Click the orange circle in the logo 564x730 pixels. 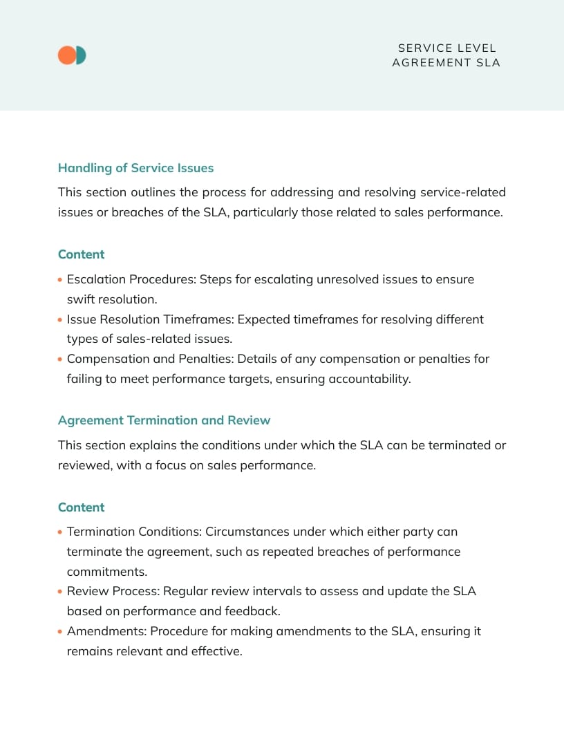pyautogui.click(x=66, y=55)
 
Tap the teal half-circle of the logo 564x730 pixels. pyautogui.click(x=82, y=55)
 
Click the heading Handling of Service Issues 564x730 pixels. pyautogui.click(x=135, y=168)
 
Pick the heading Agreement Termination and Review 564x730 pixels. pyautogui.click(x=164, y=420)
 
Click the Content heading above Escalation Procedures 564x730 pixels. pyautogui.click(x=81, y=254)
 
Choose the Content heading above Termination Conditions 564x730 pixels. pyautogui.click(x=81, y=507)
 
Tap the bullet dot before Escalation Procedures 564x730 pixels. pyautogui.click(x=60, y=281)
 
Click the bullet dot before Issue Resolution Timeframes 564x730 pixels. pyautogui.click(x=60, y=320)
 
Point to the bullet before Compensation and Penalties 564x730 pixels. pyautogui.click(x=60, y=359)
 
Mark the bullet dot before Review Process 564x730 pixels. pyautogui.click(x=60, y=592)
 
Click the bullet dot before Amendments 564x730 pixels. pyautogui.click(x=60, y=632)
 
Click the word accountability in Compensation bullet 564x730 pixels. pyautogui.click(x=370, y=379)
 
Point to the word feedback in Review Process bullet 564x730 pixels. pyautogui.click(x=252, y=611)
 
